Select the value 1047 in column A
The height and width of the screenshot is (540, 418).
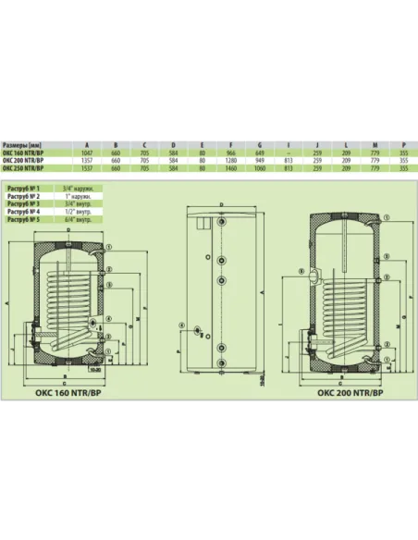[x=87, y=153]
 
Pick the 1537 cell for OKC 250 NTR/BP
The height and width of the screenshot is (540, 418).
[x=87, y=169]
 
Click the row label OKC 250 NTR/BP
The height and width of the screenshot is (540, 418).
[x=22, y=169]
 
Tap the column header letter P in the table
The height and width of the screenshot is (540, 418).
[x=405, y=145]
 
